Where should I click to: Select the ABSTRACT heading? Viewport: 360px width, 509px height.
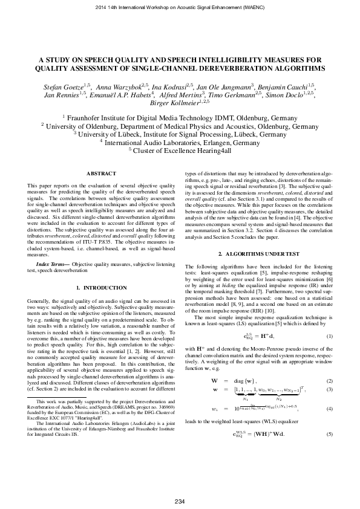pyautogui.click(x=101, y=173)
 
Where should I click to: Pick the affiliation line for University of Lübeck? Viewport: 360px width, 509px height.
pyautogui.click(x=180, y=134)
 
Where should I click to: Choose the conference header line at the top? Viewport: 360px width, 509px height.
pyautogui.click(x=180, y=8)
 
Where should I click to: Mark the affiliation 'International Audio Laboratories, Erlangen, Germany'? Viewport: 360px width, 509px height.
pyautogui.click(x=180, y=143)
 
